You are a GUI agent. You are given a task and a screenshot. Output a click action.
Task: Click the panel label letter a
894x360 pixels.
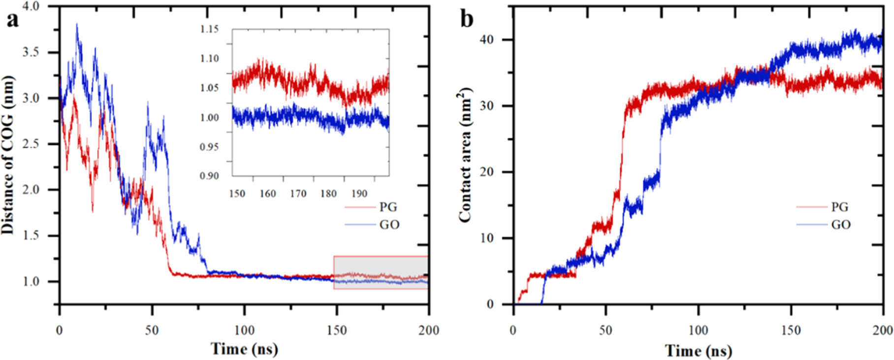pyautogui.click(x=12, y=21)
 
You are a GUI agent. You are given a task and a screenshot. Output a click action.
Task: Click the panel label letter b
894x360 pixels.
pyautogui.click(x=467, y=20)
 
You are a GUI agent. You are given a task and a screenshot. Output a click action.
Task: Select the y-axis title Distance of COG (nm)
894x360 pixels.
pyautogui.click(x=8, y=155)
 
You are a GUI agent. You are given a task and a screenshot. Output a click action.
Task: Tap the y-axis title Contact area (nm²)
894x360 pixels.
pyautogui.click(x=465, y=155)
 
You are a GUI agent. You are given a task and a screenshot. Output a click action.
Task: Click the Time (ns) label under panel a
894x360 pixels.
pyautogui.click(x=244, y=349)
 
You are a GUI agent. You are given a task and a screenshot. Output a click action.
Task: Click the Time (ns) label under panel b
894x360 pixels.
pyautogui.click(x=698, y=350)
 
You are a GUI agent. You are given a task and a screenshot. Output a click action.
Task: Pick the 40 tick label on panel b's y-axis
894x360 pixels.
pyautogui.click(x=486, y=40)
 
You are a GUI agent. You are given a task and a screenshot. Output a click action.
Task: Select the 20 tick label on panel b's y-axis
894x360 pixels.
pyautogui.click(x=486, y=172)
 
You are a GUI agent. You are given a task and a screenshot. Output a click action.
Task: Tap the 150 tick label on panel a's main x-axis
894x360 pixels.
pyautogui.click(x=337, y=330)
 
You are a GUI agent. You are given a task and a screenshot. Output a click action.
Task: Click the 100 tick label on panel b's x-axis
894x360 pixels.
pyautogui.click(x=698, y=330)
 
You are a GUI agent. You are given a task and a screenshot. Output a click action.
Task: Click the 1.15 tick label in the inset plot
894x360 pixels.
pyautogui.click(x=209, y=29)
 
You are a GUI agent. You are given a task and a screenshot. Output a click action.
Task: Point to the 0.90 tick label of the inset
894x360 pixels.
pyautogui.click(x=209, y=176)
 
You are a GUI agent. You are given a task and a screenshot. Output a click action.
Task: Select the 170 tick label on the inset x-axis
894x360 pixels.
pyautogui.click(x=298, y=194)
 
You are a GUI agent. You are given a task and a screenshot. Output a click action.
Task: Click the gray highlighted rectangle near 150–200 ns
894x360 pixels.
pyautogui.click(x=381, y=272)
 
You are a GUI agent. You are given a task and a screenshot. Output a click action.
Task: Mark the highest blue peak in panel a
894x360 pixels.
pyautogui.click(x=77, y=25)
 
